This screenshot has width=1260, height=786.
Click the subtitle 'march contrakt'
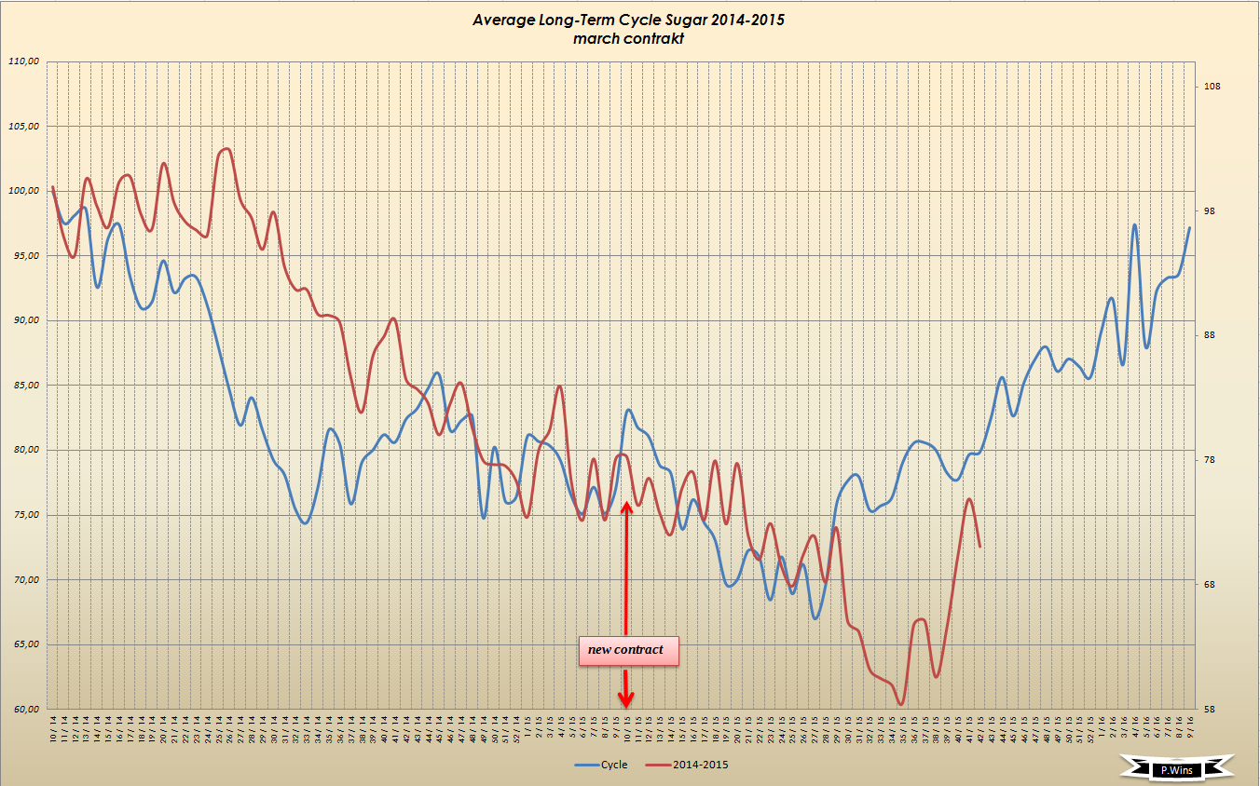click(629, 39)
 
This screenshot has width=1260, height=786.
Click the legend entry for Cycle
click(602, 765)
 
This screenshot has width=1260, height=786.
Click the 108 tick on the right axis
click(1212, 87)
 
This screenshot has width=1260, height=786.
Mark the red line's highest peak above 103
click(226, 149)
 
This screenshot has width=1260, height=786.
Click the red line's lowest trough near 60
click(901, 704)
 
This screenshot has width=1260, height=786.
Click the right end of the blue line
click(1189, 227)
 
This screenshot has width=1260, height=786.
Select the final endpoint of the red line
click(980, 547)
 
